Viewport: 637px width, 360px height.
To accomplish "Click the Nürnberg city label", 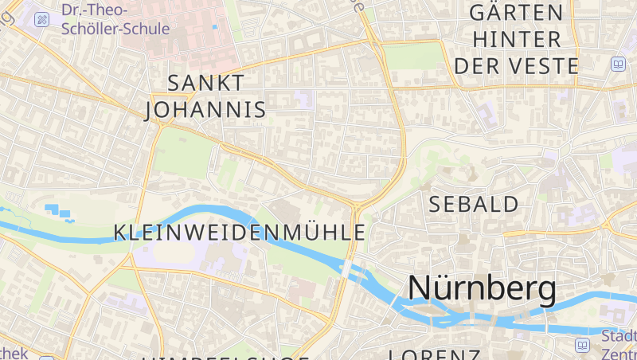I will coord(482,288).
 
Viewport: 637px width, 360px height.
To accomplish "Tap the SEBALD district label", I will coord(474,204).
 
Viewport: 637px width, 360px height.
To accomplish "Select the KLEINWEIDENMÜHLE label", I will coord(240,233).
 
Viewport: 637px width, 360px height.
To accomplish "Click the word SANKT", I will coord(206,82).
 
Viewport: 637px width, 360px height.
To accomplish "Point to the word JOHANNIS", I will coord(206,109).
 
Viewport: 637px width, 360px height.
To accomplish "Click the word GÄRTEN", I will coord(516,13).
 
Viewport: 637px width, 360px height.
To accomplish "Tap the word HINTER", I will coord(516,39).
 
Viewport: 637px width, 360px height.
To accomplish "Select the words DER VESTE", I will coord(516,66).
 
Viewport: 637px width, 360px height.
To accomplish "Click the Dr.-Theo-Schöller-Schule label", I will coord(115,19).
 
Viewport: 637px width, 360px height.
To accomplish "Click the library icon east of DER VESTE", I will coord(618,65).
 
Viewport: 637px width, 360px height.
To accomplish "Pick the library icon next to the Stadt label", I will coord(583,345).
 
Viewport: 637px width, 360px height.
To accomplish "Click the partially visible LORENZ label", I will coord(434,354).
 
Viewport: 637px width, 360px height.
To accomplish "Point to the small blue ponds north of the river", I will coord(58,212).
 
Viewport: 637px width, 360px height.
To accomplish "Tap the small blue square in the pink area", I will coord(214,27).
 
